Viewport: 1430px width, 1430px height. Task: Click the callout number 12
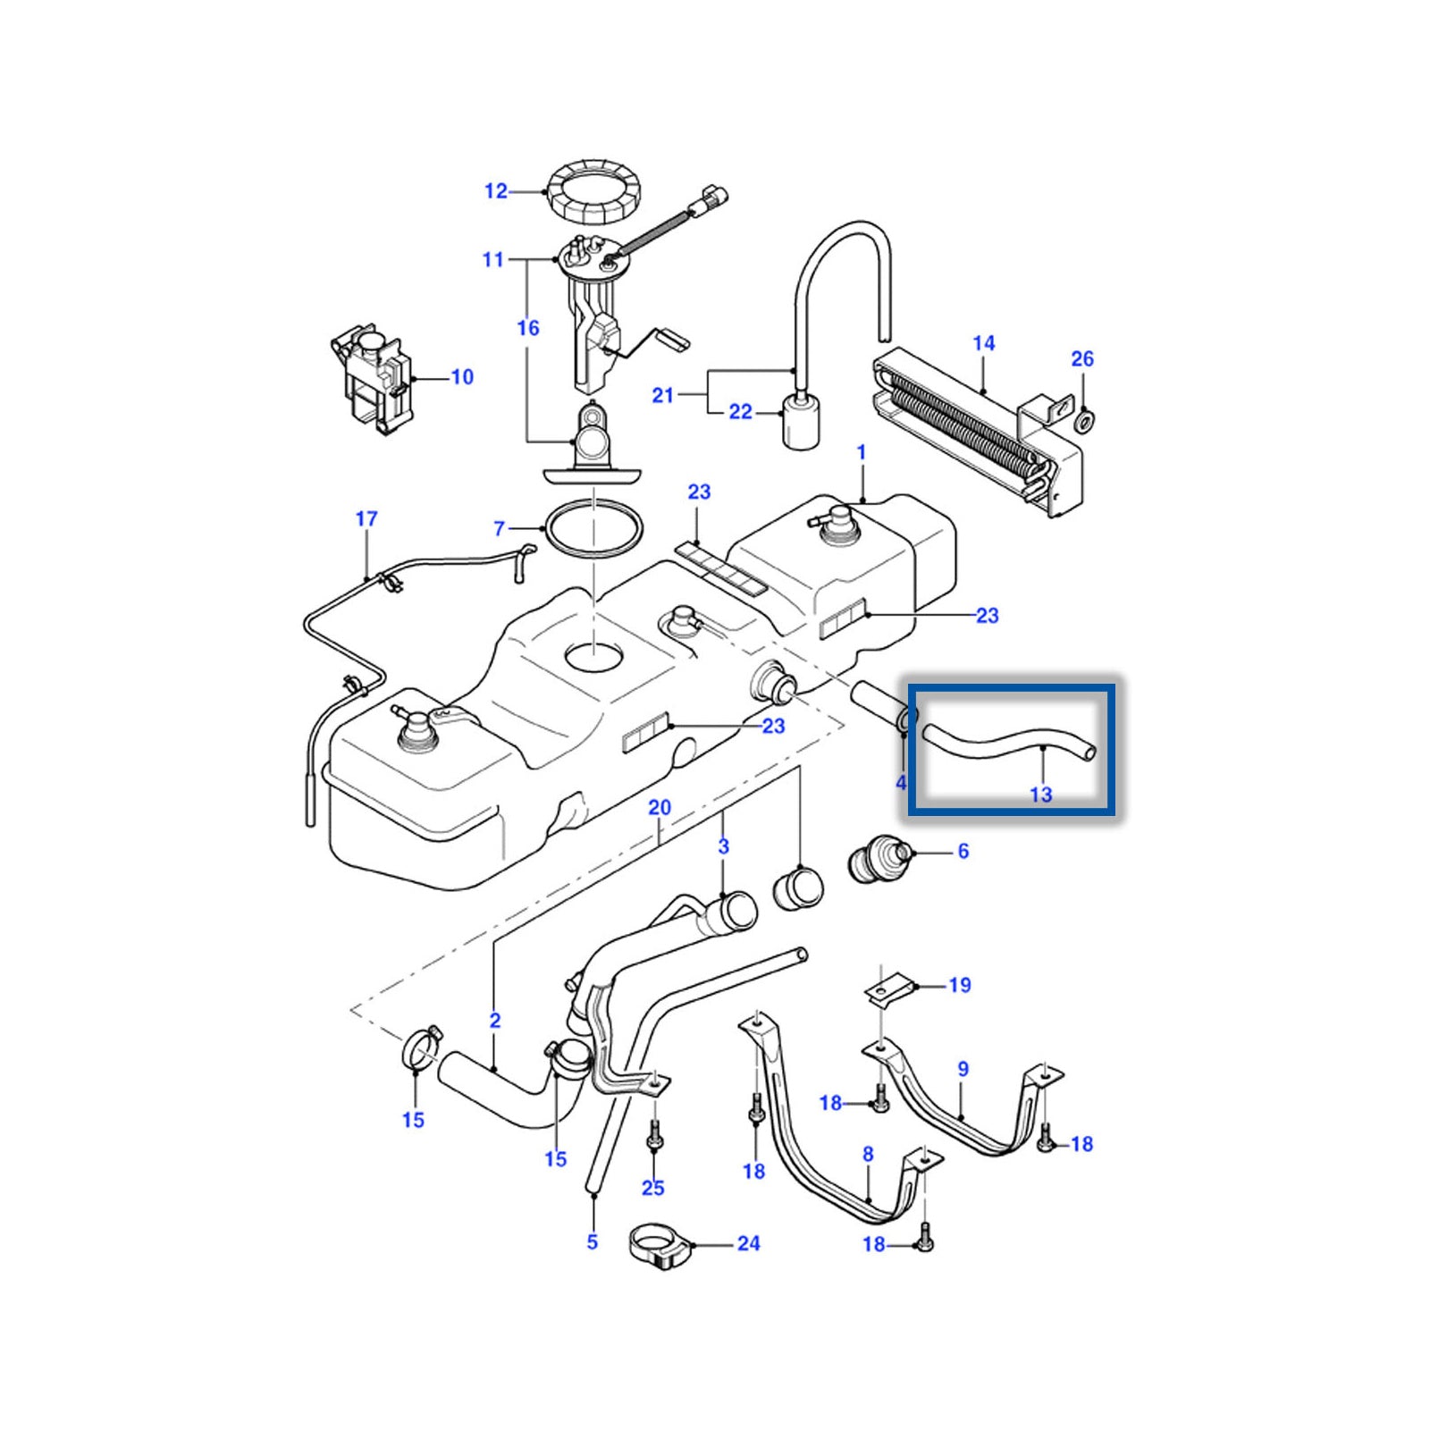[495, 191]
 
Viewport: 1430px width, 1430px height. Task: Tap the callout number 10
[462, 377]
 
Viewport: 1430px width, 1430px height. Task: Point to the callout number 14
[984, 344]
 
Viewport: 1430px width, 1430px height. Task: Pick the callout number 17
[366, 519]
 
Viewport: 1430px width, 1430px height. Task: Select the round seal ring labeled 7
[594, 531]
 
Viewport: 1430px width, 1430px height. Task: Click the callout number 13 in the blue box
[1041, 794]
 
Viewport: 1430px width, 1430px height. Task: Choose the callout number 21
[662, 395]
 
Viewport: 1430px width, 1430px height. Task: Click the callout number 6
[963, 852]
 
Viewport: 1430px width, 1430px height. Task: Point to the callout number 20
[660, 808]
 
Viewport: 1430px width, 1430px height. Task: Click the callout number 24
[749, 1244]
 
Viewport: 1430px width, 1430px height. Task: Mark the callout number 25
[653, 1188]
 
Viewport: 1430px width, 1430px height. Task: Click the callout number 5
[593, 1241]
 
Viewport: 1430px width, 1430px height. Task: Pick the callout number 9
[963, 1069]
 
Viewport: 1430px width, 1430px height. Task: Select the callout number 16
[528, 329]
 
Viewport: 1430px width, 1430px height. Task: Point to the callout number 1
[862, 453]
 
